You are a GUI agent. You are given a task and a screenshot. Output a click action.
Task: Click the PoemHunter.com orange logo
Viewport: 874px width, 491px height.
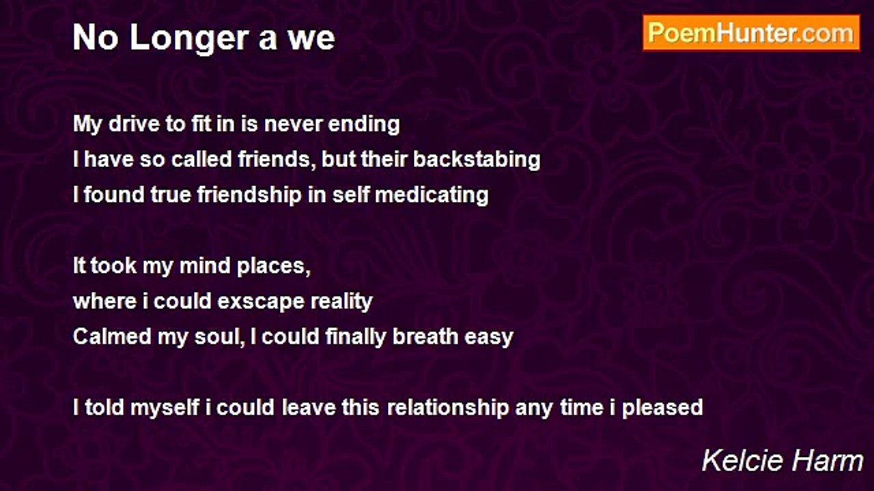pos(751,33)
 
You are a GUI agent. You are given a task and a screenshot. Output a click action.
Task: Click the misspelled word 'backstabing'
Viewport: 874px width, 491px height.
pos(477,160)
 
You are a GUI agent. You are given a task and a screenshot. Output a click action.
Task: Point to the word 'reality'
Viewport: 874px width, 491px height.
pos(340,302)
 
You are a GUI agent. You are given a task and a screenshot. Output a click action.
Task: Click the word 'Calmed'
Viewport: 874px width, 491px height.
pos(112,337)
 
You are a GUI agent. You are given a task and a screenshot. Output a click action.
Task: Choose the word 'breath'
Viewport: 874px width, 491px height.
pos(425,337)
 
